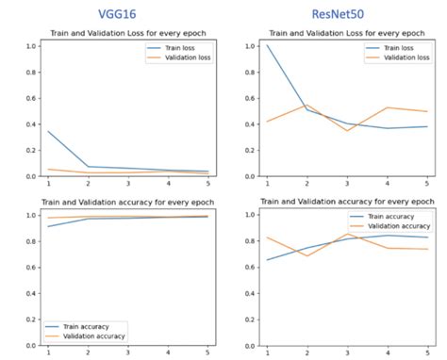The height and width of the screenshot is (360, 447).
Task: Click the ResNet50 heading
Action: (337, 14)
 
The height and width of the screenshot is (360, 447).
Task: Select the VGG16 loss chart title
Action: (128, 35)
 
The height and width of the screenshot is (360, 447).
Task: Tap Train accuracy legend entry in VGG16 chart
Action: (93, 324)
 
